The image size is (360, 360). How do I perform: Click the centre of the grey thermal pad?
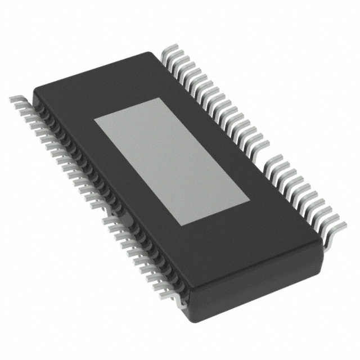[172, 161]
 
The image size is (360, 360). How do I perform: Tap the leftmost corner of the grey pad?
[93, 120]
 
